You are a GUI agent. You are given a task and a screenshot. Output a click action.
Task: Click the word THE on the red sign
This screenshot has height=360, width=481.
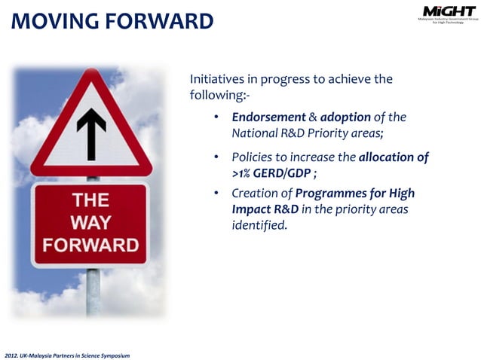point(90,200)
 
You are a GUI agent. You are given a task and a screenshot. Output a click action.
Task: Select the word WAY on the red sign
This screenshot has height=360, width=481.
point(90,222)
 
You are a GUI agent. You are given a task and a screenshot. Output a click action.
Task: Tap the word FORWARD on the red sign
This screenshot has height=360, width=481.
point(90,245)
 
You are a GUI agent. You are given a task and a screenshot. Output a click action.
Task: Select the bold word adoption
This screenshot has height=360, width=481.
point(345,117)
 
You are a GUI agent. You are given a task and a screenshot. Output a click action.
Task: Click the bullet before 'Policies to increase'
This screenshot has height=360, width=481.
point(216,157)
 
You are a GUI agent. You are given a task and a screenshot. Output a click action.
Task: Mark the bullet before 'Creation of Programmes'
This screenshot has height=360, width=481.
point(216,194)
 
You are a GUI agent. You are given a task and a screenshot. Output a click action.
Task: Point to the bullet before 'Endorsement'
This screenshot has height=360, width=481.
point(216,117)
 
